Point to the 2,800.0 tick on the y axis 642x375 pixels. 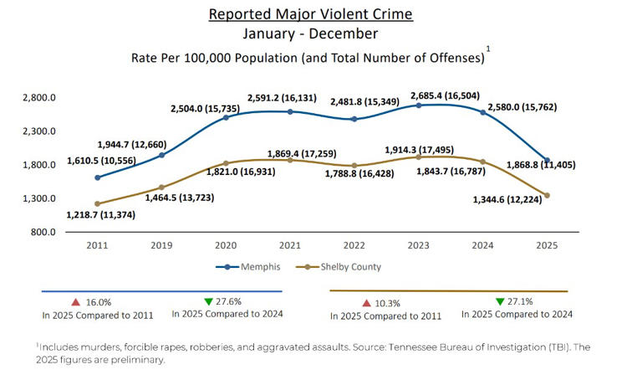click(38, 98)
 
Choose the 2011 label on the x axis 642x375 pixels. click(98, 246)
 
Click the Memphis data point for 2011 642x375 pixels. click(98, 177)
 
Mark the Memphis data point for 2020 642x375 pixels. click(226, 118)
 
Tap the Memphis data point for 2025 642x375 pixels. click(546, 160)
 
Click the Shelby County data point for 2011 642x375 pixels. click(98, 203)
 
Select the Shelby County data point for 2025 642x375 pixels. click(546, 195)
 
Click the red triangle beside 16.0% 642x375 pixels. click(75, 301)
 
